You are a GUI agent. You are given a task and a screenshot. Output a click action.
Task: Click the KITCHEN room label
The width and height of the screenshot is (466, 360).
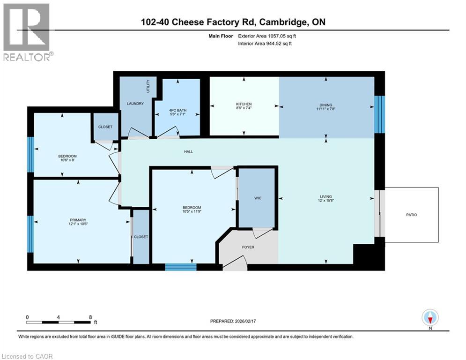244,104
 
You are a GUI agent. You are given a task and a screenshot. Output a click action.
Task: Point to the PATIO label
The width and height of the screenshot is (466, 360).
412,215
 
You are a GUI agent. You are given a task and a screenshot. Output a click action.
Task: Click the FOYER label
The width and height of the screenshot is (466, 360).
248,247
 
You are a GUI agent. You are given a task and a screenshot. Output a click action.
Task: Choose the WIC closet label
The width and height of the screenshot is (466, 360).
258,198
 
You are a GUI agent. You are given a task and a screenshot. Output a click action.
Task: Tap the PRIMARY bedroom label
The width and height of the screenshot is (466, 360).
78,220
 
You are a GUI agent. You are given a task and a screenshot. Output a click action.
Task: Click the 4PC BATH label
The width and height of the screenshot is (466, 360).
178,111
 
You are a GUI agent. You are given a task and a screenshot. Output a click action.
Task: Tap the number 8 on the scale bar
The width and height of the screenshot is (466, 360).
90,317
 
